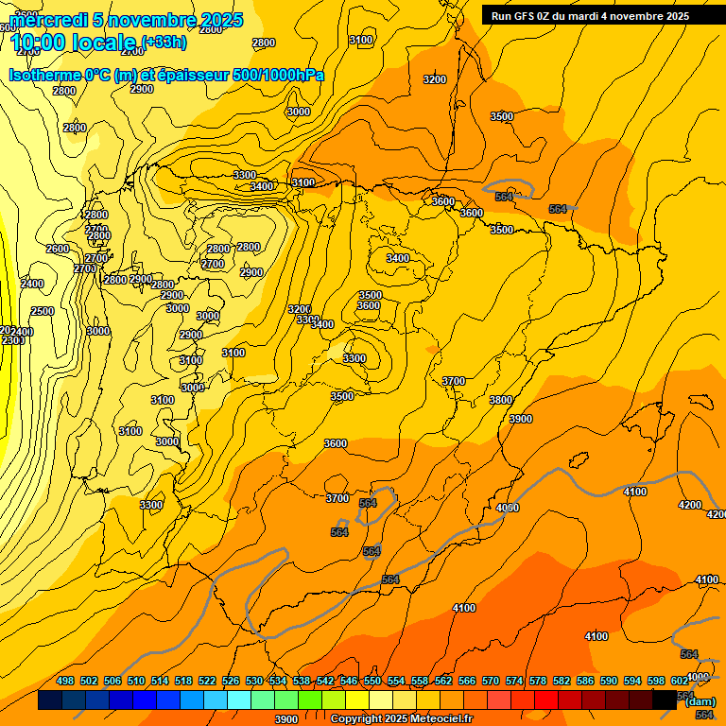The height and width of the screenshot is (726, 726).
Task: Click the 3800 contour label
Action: pos(501,400)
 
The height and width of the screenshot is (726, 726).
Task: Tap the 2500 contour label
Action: pos(42,311)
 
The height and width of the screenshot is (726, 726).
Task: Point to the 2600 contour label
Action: pos(58,249)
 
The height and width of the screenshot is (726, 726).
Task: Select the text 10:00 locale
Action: pos(72,43)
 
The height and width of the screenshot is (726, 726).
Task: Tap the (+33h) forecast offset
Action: pos(164,42)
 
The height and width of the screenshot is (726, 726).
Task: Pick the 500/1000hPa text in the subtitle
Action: pos(280,75)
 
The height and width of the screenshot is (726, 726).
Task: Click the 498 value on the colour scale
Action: pos(65,681)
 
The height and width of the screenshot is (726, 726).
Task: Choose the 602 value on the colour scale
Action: pos(679,681)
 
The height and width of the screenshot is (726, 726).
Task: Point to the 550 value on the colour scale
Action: pos(372,681)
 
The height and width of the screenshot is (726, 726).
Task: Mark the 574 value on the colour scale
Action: pos(514,681)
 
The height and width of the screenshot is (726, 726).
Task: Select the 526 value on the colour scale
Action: pos(231,681)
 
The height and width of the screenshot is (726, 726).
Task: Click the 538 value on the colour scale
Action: pos(302,681)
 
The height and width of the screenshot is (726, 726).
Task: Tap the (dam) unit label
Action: pos(700,700)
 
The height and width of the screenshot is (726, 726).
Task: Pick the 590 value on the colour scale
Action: pos(609,681)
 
